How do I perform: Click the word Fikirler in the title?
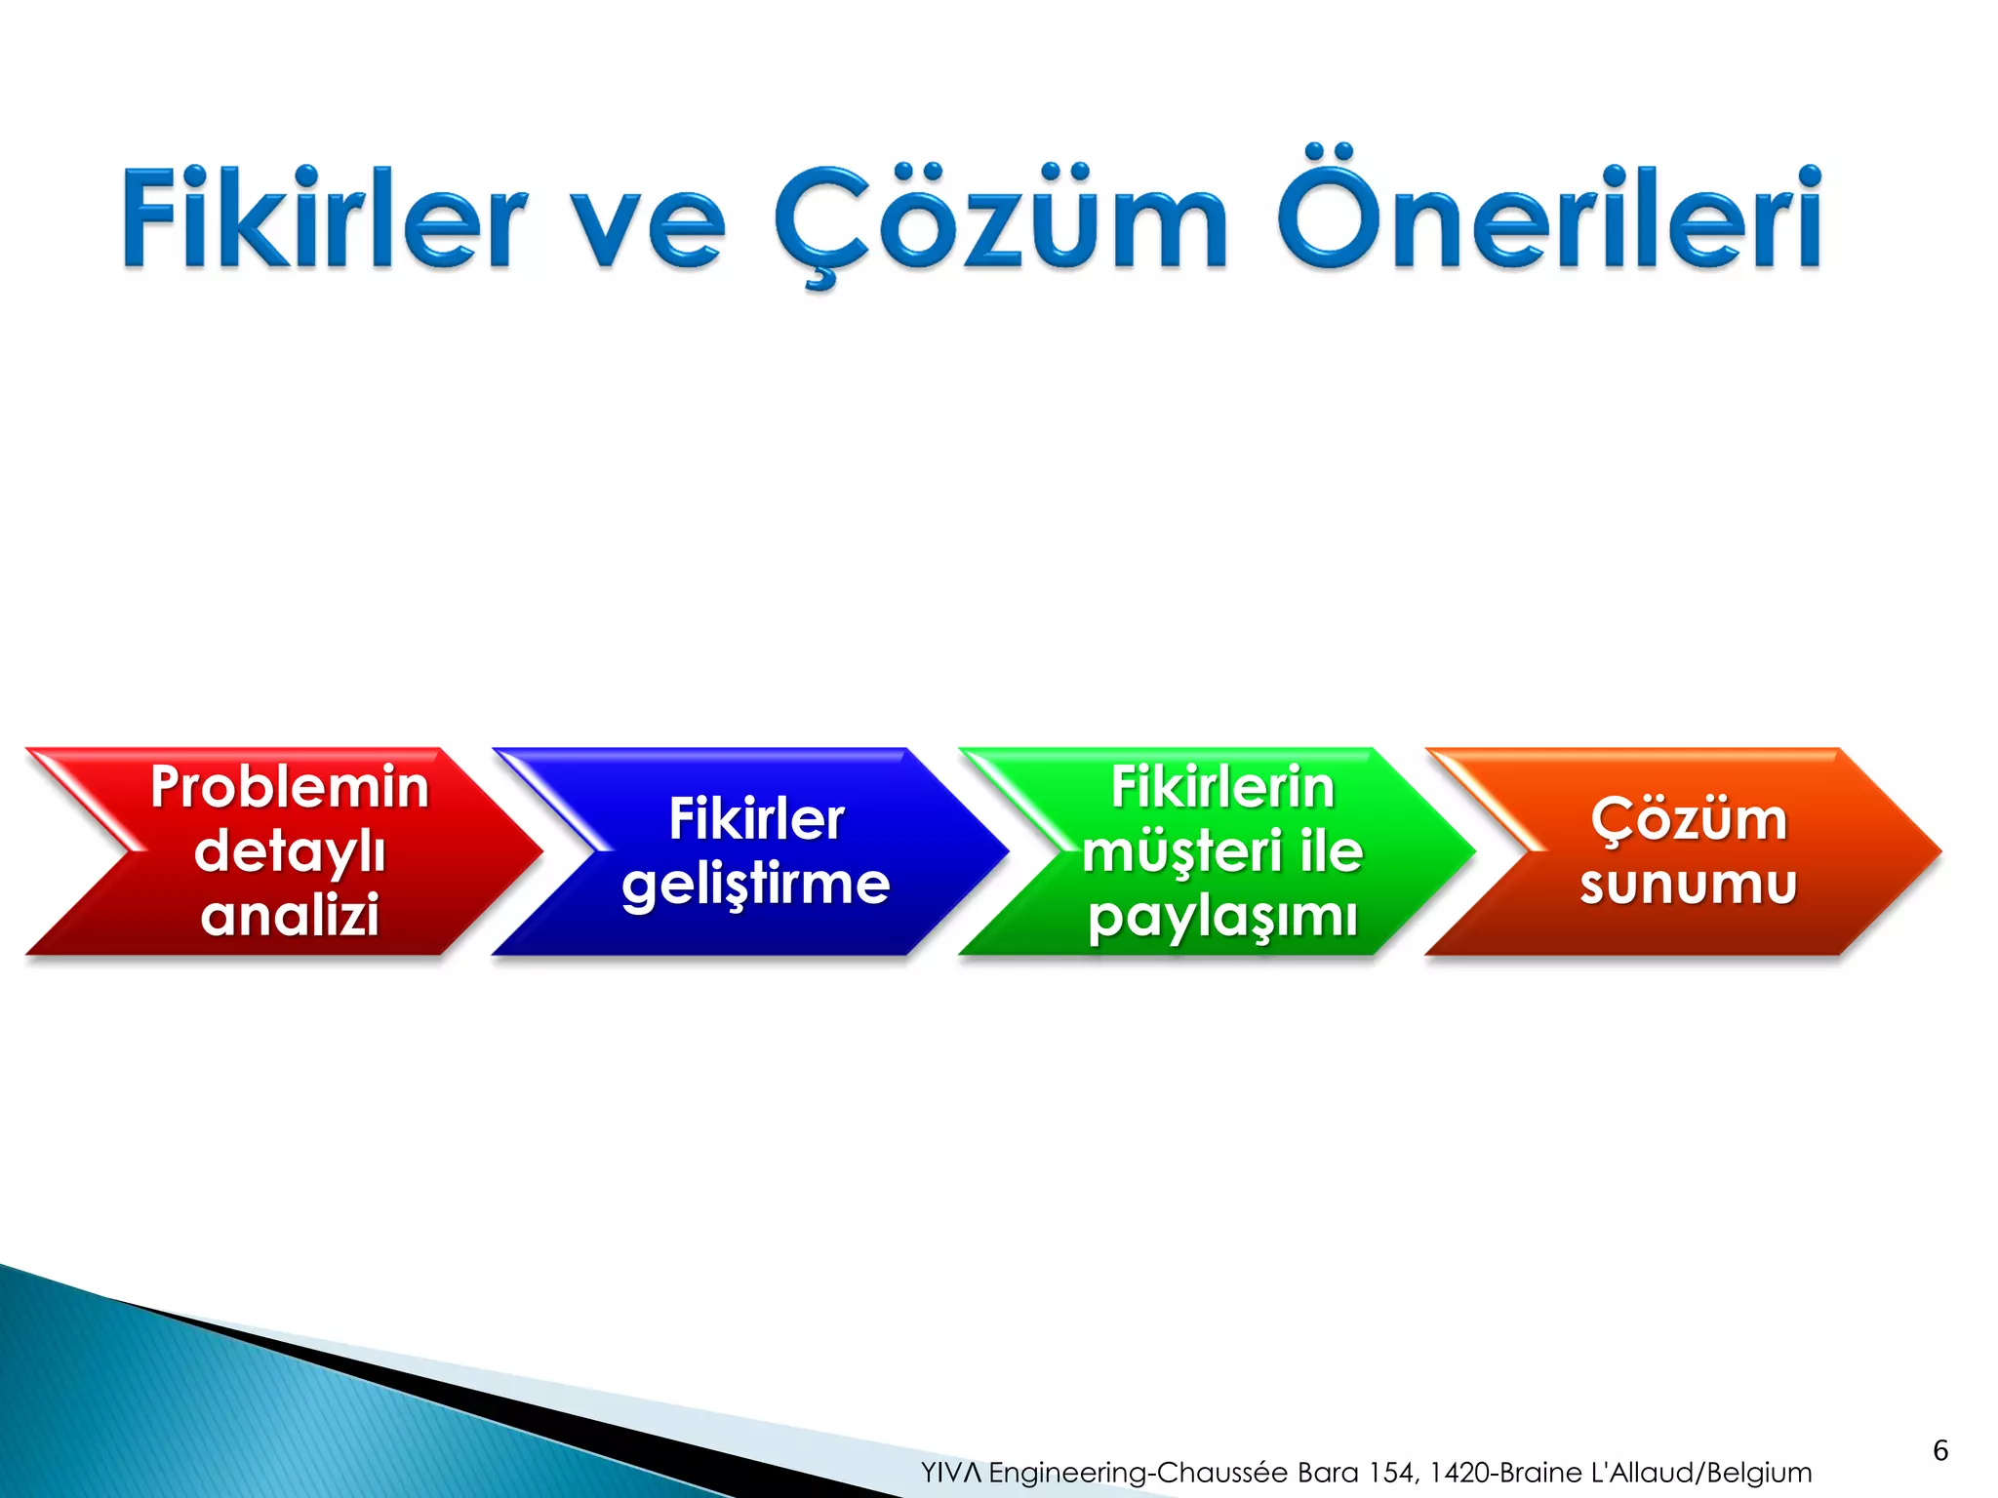pos(322,219)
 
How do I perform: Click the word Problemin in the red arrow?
pos(290,787)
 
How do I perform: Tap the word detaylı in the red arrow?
pos(290,851)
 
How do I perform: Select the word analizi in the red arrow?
pos(290,916)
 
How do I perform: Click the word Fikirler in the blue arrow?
pos(756,819)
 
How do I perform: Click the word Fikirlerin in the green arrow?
pos(1222,787)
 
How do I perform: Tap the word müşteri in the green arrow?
pos(1180,851)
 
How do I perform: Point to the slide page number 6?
pos(1940,1450)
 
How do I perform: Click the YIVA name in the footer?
pos(951,1473)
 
